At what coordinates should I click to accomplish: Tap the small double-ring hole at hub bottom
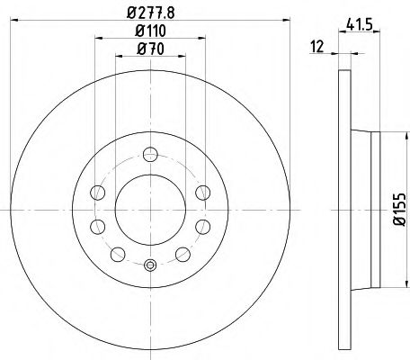[x=149, y=265]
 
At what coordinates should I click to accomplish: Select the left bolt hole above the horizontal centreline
[x=98, y=191]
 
